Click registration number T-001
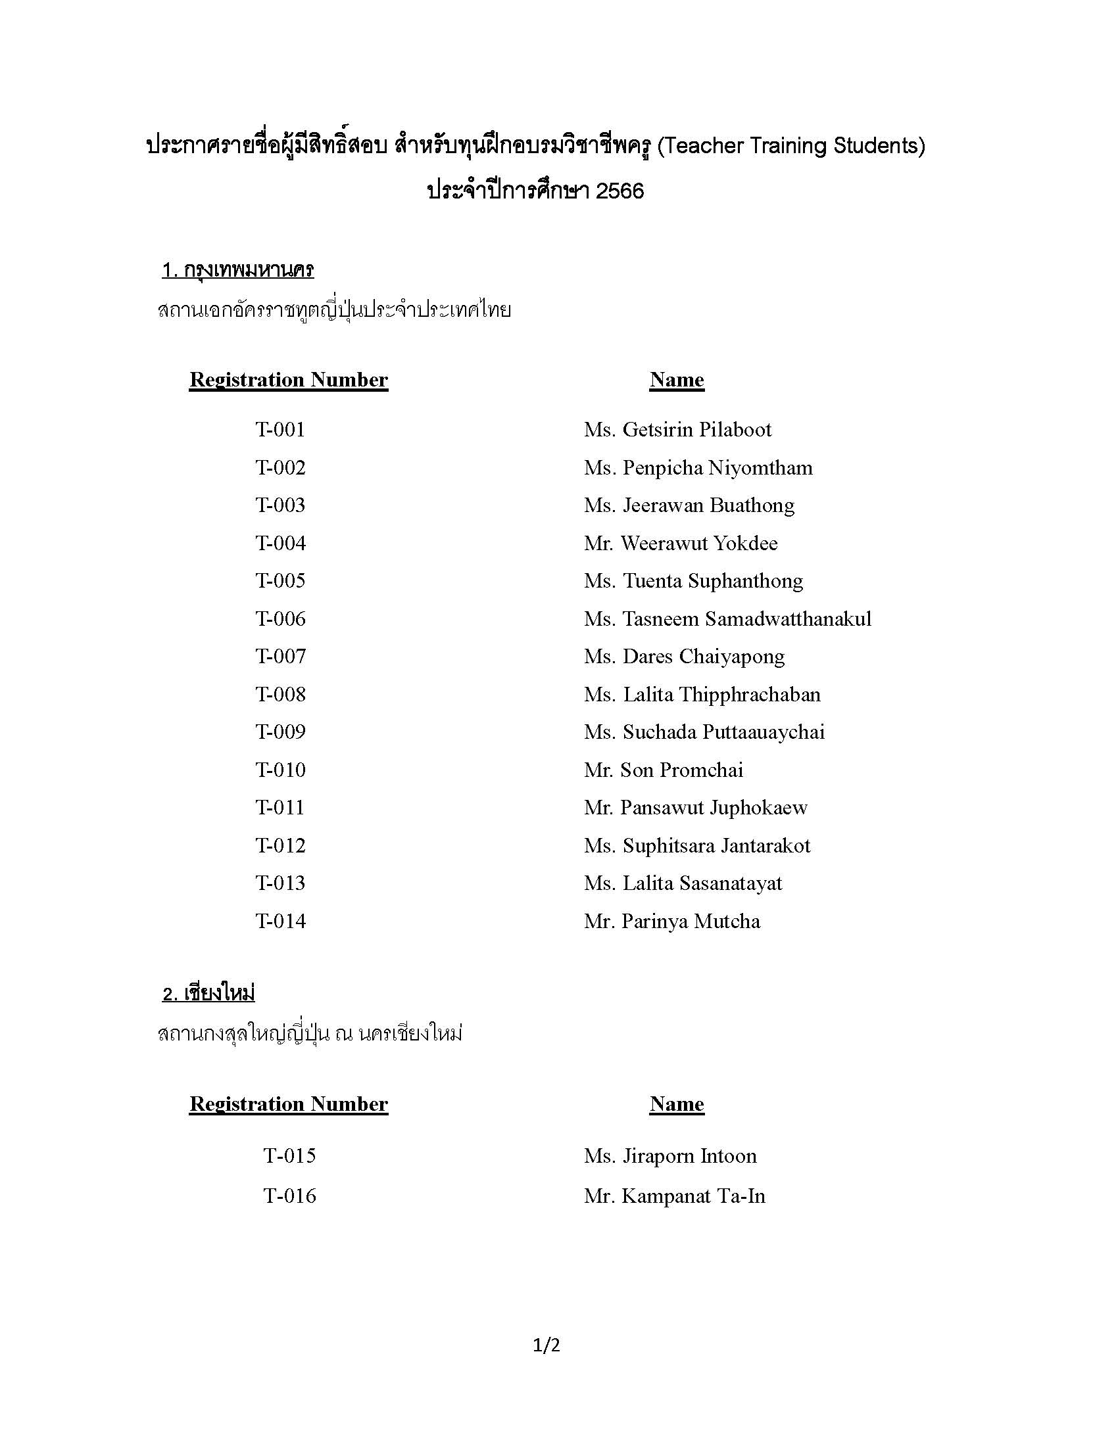(x=280, y=430)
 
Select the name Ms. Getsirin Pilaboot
(x=677, y=430)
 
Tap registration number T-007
(x=280, y=657)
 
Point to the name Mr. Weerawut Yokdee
(x=680, y=544)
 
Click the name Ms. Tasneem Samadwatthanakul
(x=727, y=619)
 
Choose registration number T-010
(x=280, y=770)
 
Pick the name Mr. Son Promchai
(x=663, y=770)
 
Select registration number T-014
(x=280, y=921)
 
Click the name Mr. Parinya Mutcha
(x=671, y=921)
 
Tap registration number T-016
(x=289, y=1196)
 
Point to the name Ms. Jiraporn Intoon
(x=669, y=1155)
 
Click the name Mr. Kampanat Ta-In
(x=674, y=1196)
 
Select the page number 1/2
(x=547, y=1345)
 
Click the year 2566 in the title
(x=620, y=191)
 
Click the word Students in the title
(x=878, y=146)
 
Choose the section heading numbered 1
(x=238, y=269)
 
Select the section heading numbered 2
(x=208, y=993)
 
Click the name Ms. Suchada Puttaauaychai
(x=704, y=732)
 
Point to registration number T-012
(x=280, y=845)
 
